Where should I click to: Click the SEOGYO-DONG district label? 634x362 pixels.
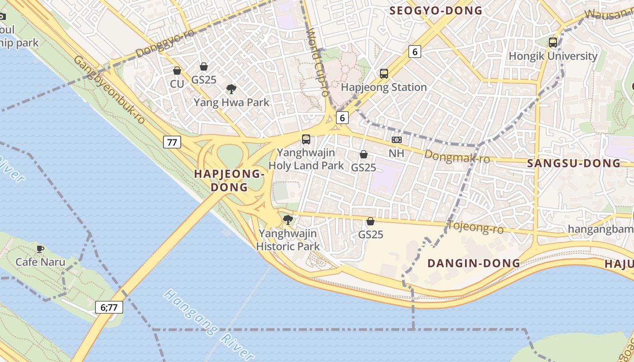(x=436, y=10)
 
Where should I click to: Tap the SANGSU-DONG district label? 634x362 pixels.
(x=574, y=163)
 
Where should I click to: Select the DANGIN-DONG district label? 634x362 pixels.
(x=474, y=263)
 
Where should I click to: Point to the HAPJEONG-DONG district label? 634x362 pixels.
(x=229, y=180)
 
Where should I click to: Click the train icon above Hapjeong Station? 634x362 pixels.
(x=384, y=73)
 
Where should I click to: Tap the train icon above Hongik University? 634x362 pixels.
(x=553, y=43)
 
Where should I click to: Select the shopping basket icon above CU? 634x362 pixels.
(x=177, y=71)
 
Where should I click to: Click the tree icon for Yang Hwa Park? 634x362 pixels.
(x=231, y=89)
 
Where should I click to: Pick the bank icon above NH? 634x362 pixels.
(x=396, y=140)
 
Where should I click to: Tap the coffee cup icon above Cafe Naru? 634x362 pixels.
(x=40, y=248)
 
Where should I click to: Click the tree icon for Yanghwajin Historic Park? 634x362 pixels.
(x=288, y=220)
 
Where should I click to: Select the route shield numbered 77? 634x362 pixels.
(x=172, y=142)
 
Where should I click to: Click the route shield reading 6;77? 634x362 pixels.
(x=109, y=308)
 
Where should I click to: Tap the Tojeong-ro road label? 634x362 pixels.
(x=475, y=227)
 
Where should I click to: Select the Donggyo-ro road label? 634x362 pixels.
(x=165, y=44)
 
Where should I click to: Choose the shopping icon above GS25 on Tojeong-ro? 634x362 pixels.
(x=370, y=221)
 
